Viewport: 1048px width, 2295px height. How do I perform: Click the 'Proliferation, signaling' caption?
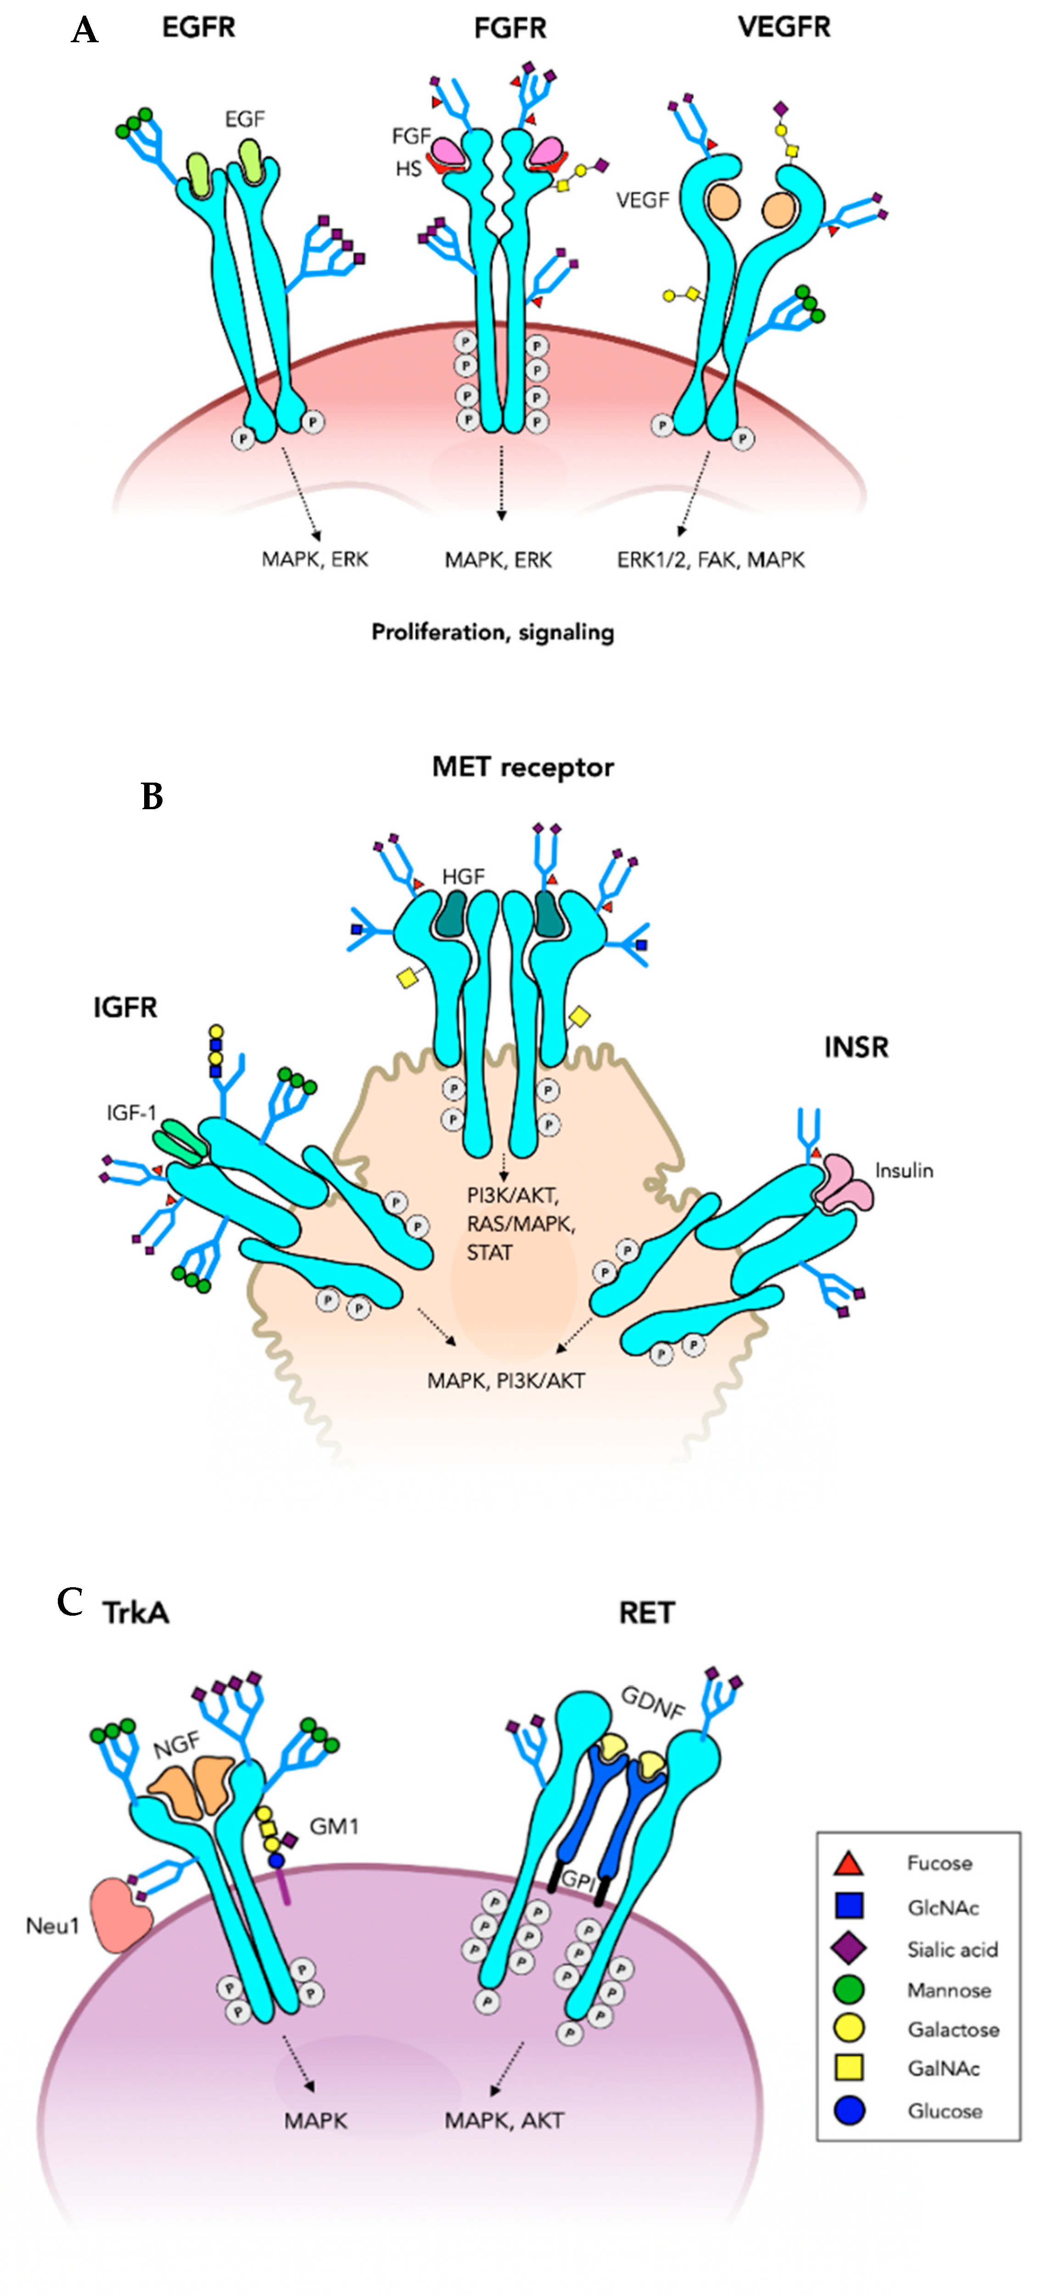(493, 633)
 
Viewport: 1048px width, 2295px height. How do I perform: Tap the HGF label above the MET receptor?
(463, 877)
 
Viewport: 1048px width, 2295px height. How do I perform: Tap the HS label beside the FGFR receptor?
(408, 168)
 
